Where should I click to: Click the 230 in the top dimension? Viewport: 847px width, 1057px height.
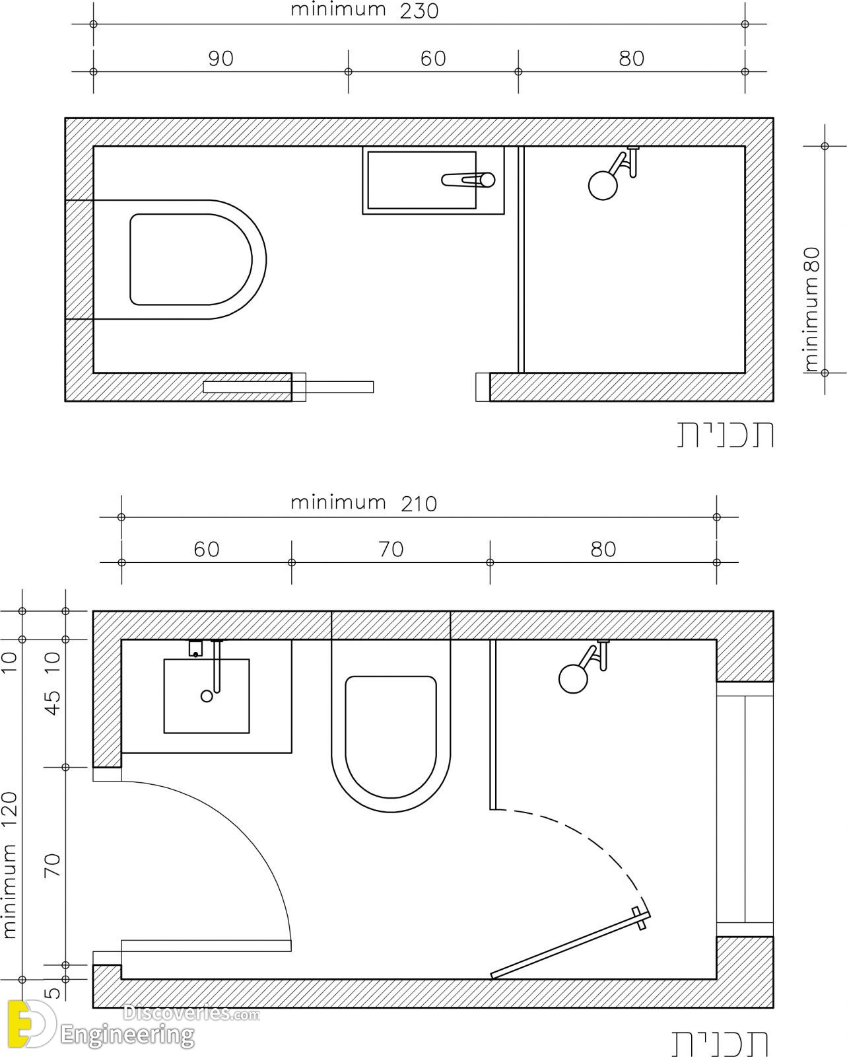point(419,11)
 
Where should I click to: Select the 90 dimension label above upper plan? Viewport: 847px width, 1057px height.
point(220,58)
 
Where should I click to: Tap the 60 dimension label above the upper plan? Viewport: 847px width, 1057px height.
point(433,58)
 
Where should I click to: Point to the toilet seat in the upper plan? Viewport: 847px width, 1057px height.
point(191,260)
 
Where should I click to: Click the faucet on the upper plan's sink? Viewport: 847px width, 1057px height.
point(468,180)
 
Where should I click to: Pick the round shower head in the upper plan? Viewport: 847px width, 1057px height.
point(603,185)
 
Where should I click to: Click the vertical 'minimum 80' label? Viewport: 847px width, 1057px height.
point(812,309)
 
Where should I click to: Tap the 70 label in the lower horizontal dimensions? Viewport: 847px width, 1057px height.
point(391,549)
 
